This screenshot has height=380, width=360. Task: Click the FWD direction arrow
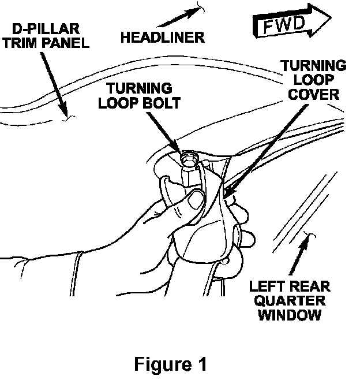tap(292, 21)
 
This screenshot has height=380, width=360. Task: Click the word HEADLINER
tap(163, 38)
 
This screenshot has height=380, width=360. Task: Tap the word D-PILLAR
tap(46, 29)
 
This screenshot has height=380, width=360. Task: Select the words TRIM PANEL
tap(46, 43)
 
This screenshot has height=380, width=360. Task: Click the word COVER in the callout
tap(313, 95)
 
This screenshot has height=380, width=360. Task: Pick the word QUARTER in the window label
tap(290, 300)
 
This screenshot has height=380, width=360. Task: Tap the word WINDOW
tap(290, 315)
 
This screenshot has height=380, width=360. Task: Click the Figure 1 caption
tap(170, 364)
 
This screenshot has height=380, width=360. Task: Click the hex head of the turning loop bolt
tap(189, 159)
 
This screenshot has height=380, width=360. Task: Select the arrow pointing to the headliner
tap(179, 16)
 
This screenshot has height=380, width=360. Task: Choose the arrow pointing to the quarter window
tap(299, 256)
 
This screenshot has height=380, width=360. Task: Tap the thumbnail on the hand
tap(197, 199)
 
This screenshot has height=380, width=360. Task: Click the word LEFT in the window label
tap(264, 286)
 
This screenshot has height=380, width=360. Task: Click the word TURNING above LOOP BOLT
tap(139, 88)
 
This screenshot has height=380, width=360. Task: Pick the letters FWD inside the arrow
tap(283, 25)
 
